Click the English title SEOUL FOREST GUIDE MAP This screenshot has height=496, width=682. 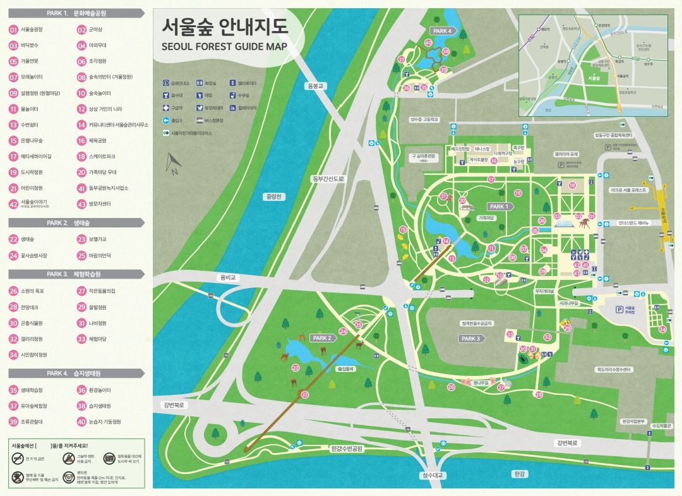pos(224,46)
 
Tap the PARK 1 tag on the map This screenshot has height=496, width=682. pos(498,207)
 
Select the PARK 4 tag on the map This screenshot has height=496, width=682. pos(441,30)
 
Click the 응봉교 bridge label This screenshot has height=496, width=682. pos(314,86)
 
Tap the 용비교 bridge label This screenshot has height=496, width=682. pos(227,277)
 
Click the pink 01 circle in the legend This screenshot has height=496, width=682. pos(13,29)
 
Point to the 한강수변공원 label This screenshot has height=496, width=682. pos(347,449)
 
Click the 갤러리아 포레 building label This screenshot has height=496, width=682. pos(566,154)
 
